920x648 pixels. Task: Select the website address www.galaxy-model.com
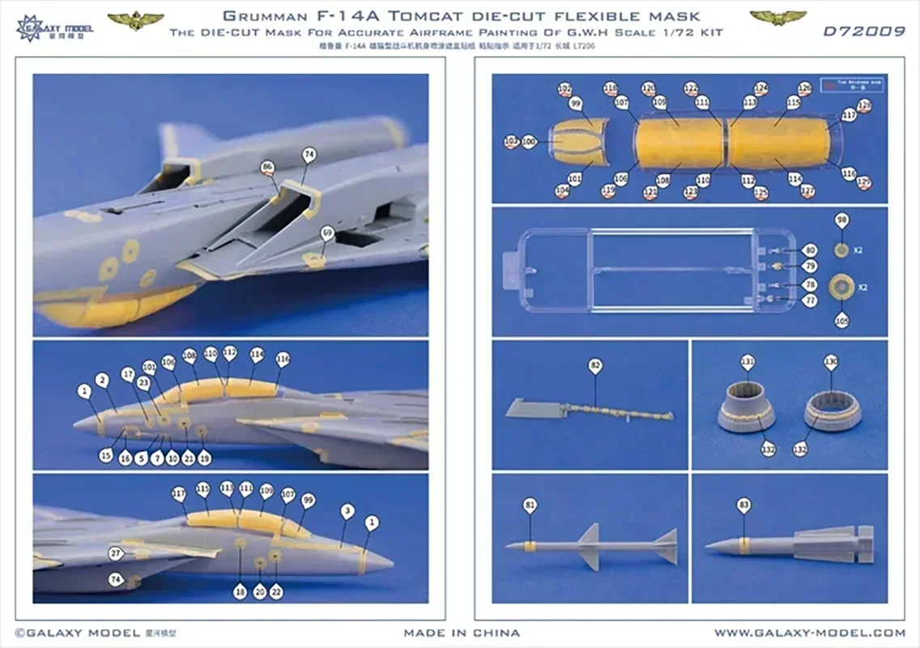(810, 633)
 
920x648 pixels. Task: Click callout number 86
(266, 168)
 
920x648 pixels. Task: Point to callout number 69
(327, 232)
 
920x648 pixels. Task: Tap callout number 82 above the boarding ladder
(595, 367)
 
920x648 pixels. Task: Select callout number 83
(743, 505)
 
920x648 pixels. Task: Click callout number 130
(830, 361)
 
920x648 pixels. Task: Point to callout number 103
(511, 142)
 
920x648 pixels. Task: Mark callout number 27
(116, 554)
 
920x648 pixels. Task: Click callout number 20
(259, 592)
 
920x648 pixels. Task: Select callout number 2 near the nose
(102, 380)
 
